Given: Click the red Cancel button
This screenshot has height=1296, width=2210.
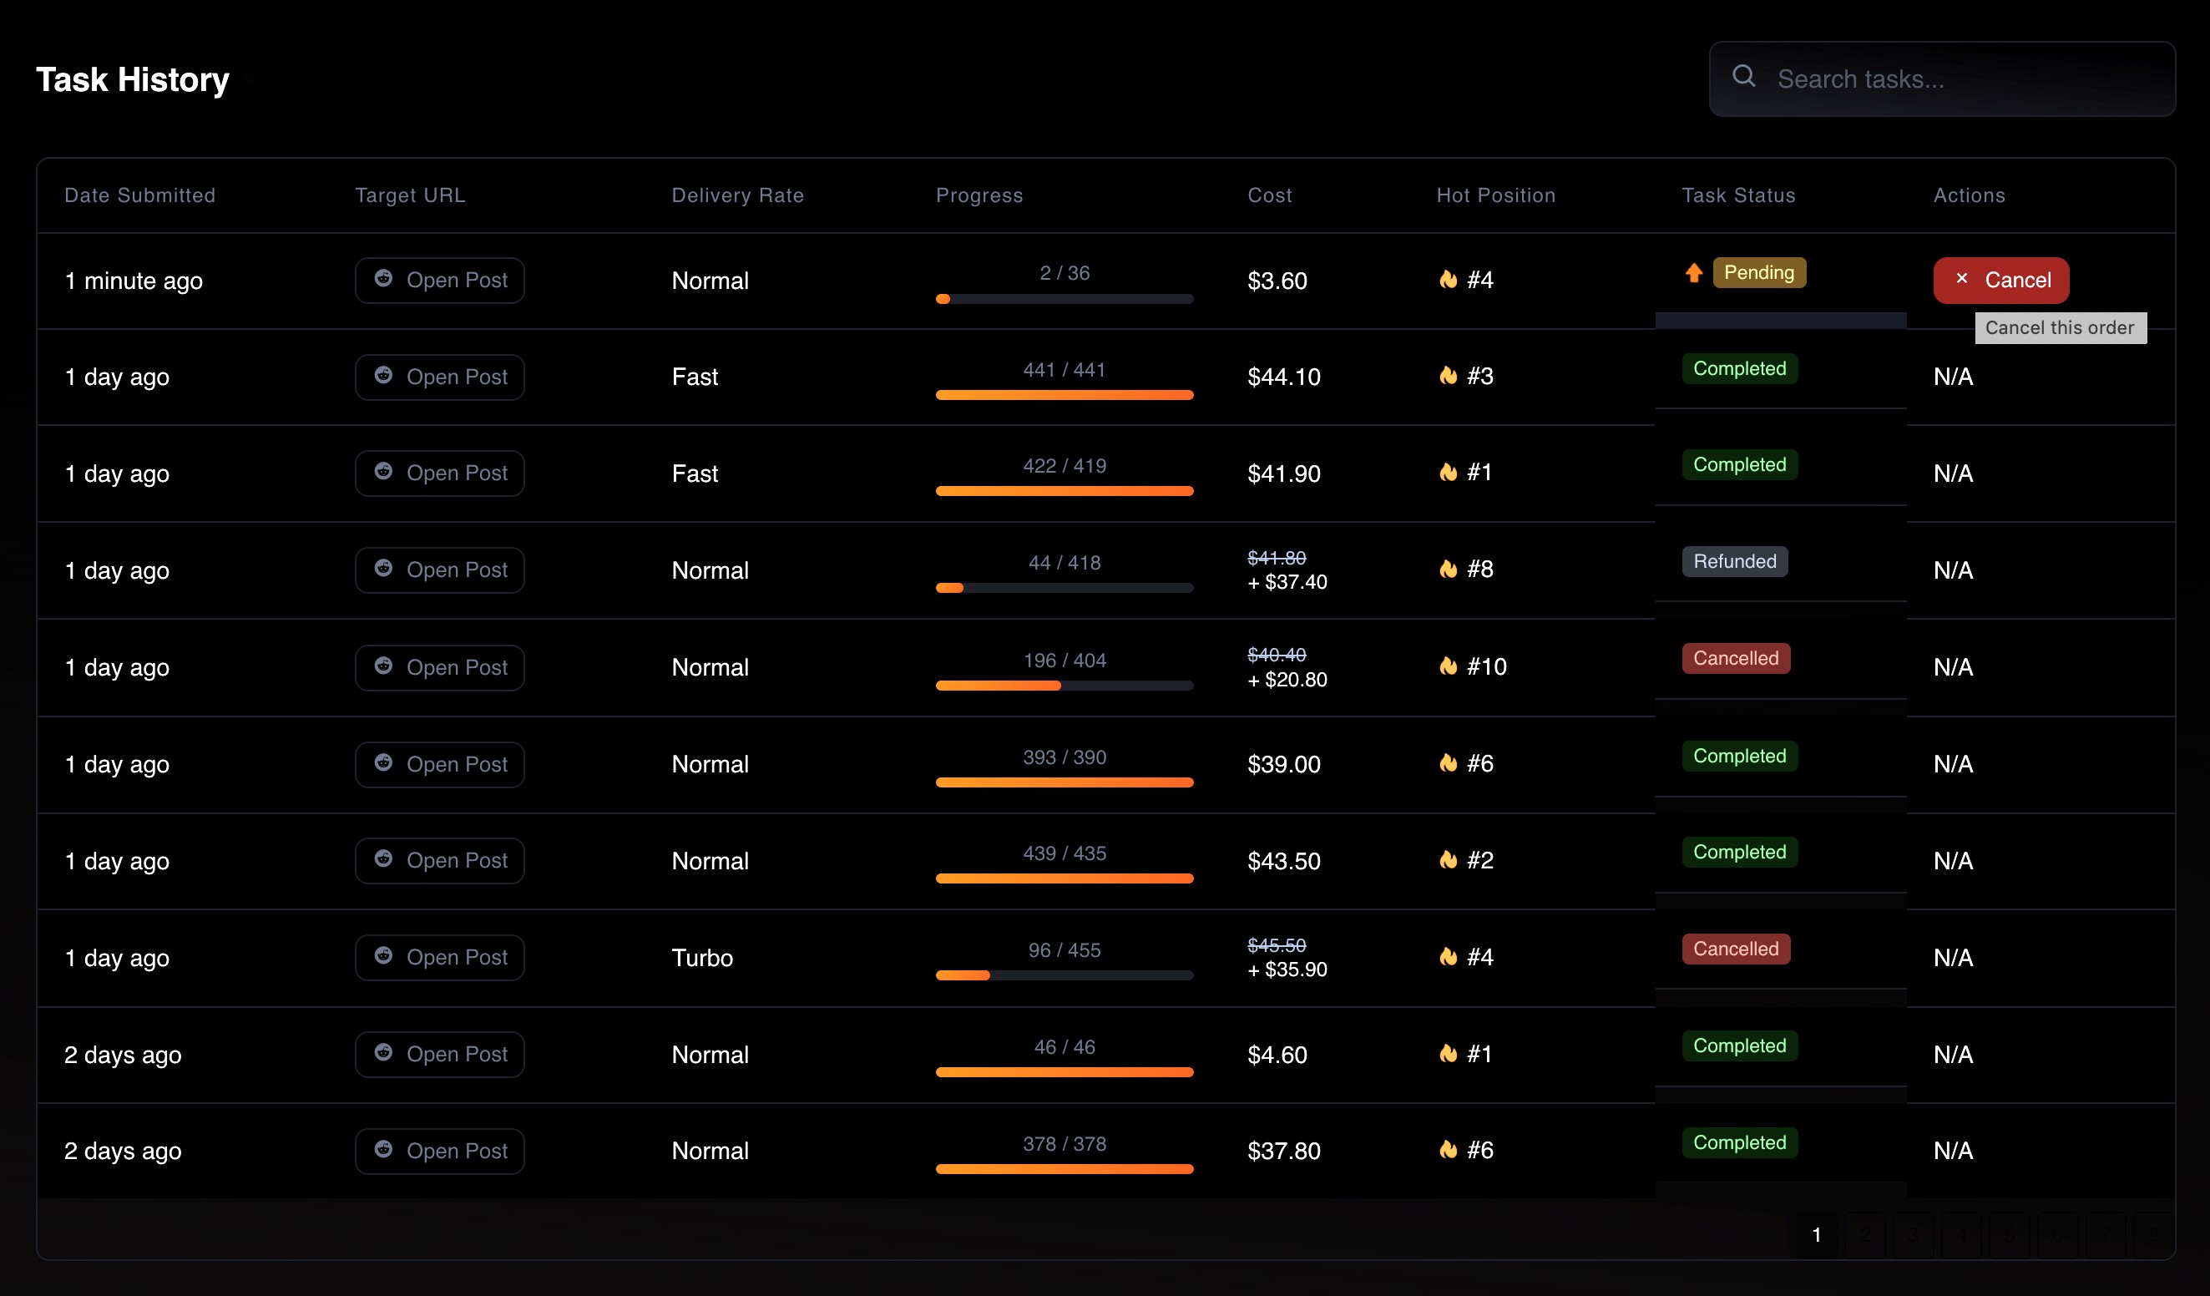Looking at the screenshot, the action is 2000,280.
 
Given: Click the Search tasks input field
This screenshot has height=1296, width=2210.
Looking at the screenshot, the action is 1942,79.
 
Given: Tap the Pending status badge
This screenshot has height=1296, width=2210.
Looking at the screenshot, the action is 1758,273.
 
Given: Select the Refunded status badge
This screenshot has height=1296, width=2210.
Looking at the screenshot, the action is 1734,561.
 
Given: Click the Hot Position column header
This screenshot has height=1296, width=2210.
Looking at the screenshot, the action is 1495,195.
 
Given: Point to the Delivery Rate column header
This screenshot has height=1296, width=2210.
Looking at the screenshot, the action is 737,195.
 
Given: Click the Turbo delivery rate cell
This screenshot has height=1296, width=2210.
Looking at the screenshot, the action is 701,958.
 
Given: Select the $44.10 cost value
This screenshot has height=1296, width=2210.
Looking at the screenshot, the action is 1284,377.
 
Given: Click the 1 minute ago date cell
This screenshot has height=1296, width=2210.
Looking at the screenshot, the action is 134,281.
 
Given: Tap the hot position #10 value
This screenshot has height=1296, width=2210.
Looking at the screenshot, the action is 1486,666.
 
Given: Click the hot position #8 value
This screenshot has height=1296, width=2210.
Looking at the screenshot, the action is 1479,569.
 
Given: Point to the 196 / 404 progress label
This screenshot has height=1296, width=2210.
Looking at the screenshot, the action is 1065,661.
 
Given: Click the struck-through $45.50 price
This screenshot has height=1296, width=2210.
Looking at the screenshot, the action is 1277,944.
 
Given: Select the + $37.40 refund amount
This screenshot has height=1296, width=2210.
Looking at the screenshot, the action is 1287,582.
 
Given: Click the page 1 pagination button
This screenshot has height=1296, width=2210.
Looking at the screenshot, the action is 1816,1234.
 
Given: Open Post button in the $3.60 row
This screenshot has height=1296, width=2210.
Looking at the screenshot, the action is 439,281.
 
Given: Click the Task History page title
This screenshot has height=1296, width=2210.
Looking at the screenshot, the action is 133,80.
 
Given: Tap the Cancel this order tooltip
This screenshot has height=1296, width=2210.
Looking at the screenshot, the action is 2060,328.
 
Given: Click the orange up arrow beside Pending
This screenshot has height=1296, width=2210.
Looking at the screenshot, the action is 1693,273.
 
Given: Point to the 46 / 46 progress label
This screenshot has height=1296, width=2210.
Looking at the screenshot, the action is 1065,1047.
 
